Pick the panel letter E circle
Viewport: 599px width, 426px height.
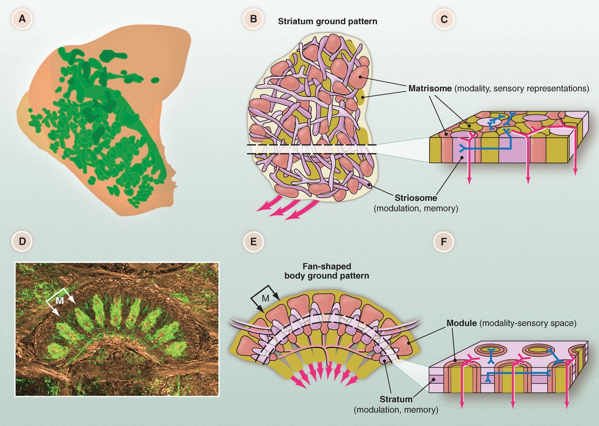pyautogui.click(x=253, y=242)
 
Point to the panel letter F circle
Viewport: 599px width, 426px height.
pyautogui.click(x=440, y=242)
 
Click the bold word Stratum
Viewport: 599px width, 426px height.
pyautogui.click(x=396, y=399)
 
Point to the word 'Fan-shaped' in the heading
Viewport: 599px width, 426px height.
pyautogui.click(x=326, y=266)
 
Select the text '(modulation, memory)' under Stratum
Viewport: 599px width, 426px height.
pyautogui.click(x=396, y=410)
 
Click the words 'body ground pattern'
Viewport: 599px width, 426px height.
pyautogui.click(x=326, y=276)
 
